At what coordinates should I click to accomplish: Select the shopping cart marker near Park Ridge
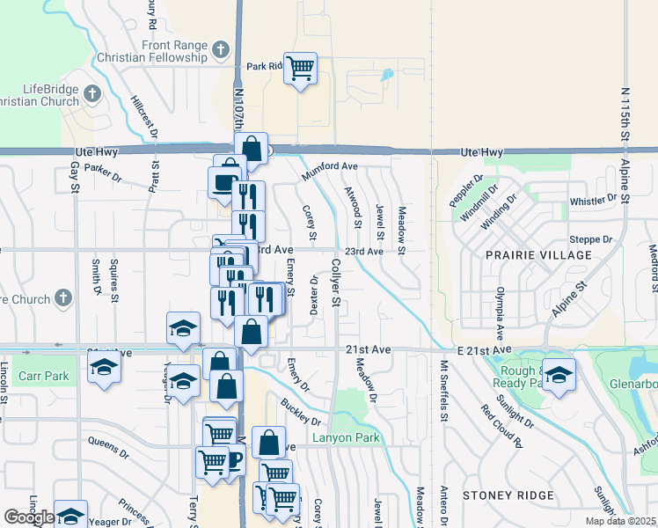coord(300,68)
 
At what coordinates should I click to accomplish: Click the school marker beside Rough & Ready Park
coord(558,375)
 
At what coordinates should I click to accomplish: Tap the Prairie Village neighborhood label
coord(538,255)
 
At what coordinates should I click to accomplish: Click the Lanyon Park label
coord(344,437)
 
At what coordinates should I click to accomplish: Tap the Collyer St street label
coord(336,282)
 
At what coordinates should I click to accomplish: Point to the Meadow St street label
coord(401,231)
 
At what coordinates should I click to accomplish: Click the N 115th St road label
coord(625,114)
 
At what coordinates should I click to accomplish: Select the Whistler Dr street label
coord(594,201)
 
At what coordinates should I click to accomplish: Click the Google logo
coord(29,517)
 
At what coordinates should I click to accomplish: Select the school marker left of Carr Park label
coord(104,370)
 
